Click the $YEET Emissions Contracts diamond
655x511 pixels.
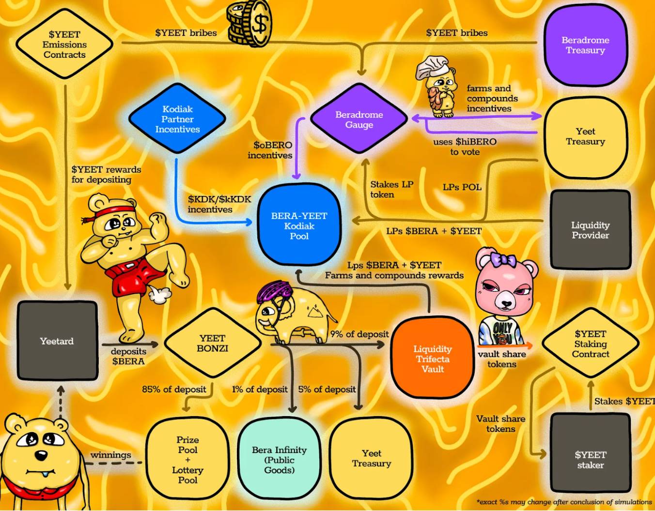coord(64,44)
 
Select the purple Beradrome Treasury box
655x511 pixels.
coord(585,45)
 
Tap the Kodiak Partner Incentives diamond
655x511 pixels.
coord(177,119)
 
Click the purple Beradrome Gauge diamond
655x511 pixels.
coord(359,119)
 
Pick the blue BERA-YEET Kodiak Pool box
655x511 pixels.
coord(299,225)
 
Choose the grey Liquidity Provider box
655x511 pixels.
coord(590,230)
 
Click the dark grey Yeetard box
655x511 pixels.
coord(57,341)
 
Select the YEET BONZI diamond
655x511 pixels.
coord(213,343)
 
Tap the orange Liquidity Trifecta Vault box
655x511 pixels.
coord(432,359)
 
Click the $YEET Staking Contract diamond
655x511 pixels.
coord(590,344)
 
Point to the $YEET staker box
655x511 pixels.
coord(591,459)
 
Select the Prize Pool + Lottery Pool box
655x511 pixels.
coord(187,459)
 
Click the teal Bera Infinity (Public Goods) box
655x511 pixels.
coord(279,459)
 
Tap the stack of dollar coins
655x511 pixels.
coord(250,23)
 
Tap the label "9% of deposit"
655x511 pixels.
coord(359,334)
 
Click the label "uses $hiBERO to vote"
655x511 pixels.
coord(465,147)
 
